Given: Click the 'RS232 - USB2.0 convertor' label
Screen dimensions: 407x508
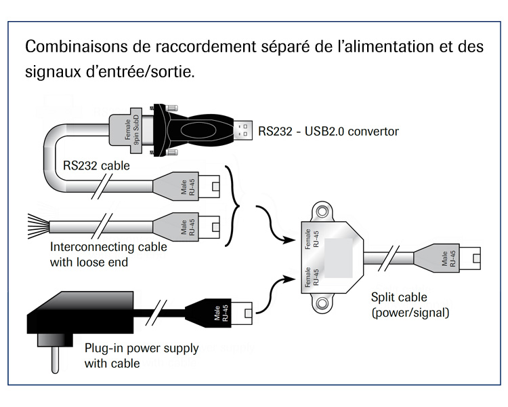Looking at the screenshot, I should [329, 131].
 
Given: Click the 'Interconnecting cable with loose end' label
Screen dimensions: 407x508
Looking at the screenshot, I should [108, 254].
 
